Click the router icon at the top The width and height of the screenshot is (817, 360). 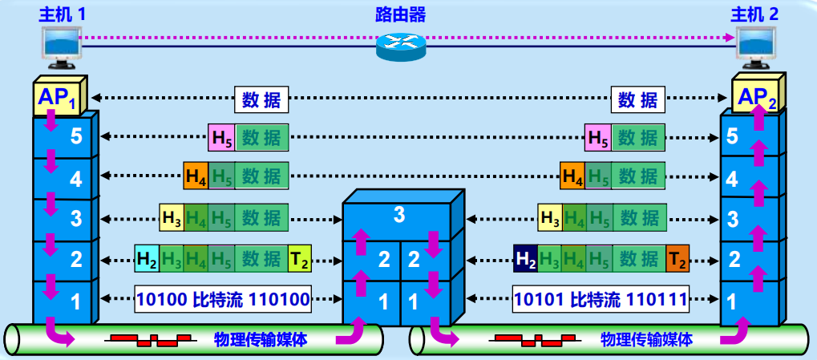click(400, 46)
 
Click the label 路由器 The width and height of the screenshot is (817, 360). click(400, 14)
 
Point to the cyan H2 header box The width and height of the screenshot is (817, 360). click(147, 258)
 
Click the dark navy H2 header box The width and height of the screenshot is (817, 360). click(525, 258)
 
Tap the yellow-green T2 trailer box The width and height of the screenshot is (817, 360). click(298, 258)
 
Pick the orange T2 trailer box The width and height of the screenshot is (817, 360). click(677, 258)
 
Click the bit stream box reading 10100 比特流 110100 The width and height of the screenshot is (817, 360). click(222, 300)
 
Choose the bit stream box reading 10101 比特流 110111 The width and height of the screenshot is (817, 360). click(601, 300)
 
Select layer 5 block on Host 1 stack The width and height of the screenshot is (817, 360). click(64, 136)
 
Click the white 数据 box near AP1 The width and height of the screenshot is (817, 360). click(261, 99)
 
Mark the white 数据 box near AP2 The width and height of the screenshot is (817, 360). click(637, 99)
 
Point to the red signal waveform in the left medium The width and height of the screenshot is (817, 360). click(144, 340)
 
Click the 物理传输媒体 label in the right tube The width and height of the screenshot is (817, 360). click(646, 340)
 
